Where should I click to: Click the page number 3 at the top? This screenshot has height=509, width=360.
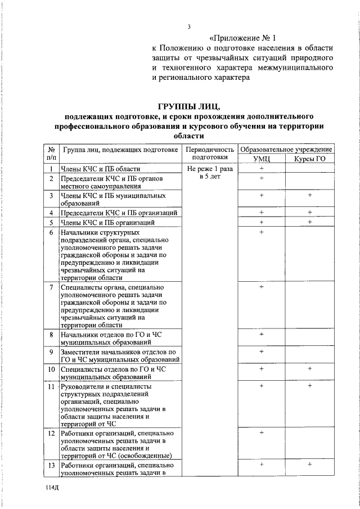point(190,26)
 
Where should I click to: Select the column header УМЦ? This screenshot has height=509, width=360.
point(262,159)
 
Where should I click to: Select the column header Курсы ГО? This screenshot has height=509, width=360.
point(310,159)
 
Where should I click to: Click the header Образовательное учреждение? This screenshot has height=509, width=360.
point(286,150)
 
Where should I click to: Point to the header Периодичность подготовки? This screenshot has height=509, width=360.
point(210,154)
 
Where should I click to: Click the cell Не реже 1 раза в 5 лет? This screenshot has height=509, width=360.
point(210,173)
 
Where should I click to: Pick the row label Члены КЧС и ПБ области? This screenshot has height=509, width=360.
point(101,169)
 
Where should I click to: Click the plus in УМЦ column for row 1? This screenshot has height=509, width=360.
point(262,169)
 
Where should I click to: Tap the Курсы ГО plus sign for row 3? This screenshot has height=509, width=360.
point(310,195)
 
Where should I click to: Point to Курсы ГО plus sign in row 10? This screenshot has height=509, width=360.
point(310,369)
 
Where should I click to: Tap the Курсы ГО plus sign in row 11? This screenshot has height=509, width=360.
point(310,386)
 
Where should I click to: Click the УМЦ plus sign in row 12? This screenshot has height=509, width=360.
point(262,433)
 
